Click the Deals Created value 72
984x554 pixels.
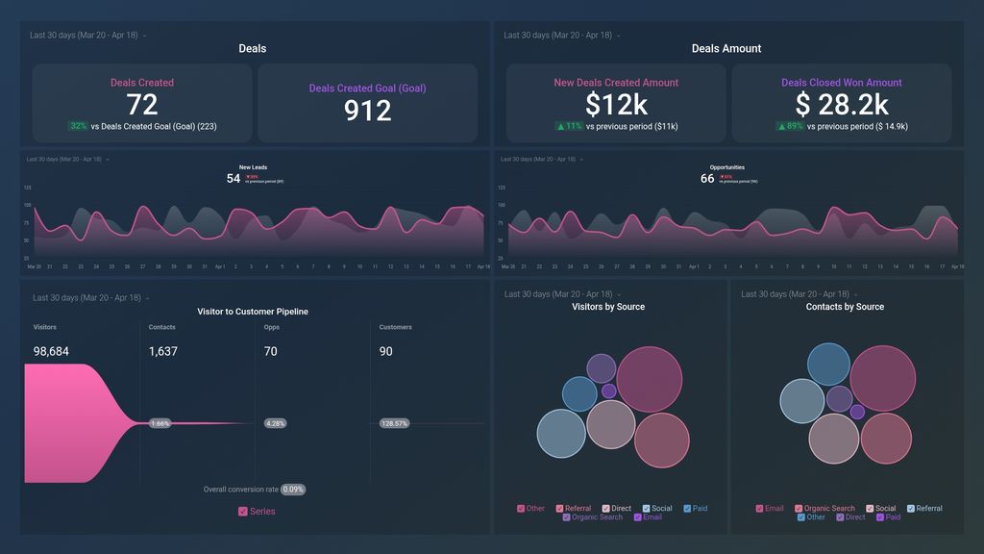[x=142, y=104]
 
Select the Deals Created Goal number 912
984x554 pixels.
[x=368, y=111]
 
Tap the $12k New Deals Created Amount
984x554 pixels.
[x=616, y=104]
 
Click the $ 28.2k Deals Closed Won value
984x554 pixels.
[x=841, y=104]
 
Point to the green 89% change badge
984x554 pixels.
[x=790, y=126]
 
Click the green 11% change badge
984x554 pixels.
[x=569, y=126]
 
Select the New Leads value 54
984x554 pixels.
[x=234, y=178]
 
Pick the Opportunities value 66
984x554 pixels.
[x=707, y=178]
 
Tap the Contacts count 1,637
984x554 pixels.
[x=163, y=352]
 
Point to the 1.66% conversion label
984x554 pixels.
[x=160, y=423]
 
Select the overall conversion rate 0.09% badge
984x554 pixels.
[x=293, y=490]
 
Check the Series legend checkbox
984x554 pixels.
[x=243, y=512]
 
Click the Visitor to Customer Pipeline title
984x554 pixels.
[x=253, y=312]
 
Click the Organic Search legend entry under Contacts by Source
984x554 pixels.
[x=824, y=508]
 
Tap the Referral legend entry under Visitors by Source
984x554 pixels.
[x=573, y=508]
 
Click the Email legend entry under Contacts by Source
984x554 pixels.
[x=769, y=508]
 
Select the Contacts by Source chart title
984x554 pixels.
[x=845, y=307]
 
